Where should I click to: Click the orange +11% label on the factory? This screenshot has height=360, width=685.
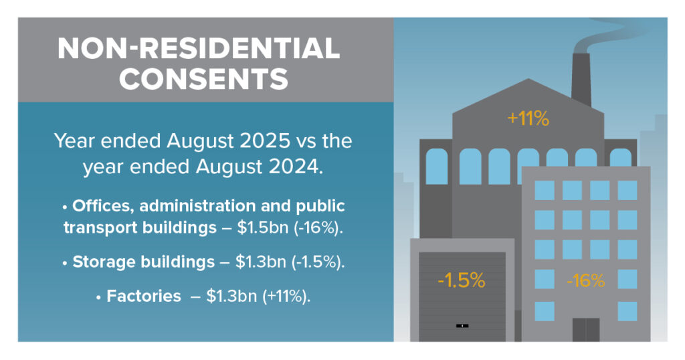coord(528,119)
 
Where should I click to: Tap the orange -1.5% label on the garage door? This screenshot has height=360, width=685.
coord(461,280)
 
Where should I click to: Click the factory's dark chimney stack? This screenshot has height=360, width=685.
coord(581,79)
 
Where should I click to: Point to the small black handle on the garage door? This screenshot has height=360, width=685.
coord(462,326)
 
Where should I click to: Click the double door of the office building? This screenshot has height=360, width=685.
coord(585,329)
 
